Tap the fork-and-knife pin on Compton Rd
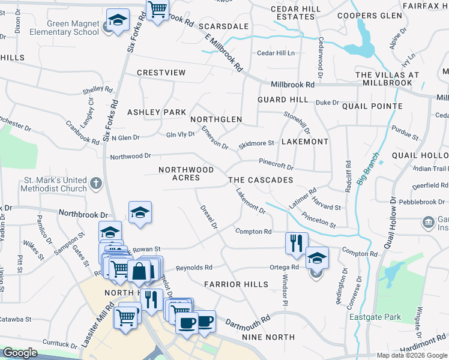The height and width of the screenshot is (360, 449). (297, 243)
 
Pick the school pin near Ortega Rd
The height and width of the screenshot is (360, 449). (317, 257)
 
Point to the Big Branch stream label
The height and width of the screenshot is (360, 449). (367, 170)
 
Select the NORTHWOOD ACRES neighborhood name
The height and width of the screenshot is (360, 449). (186, 173)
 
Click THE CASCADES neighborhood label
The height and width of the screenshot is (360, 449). (261, 180)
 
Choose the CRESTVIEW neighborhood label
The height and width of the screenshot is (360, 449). (161, 73)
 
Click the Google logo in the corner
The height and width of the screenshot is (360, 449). (20, 352)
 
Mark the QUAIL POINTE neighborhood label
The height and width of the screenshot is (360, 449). (372, 106)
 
